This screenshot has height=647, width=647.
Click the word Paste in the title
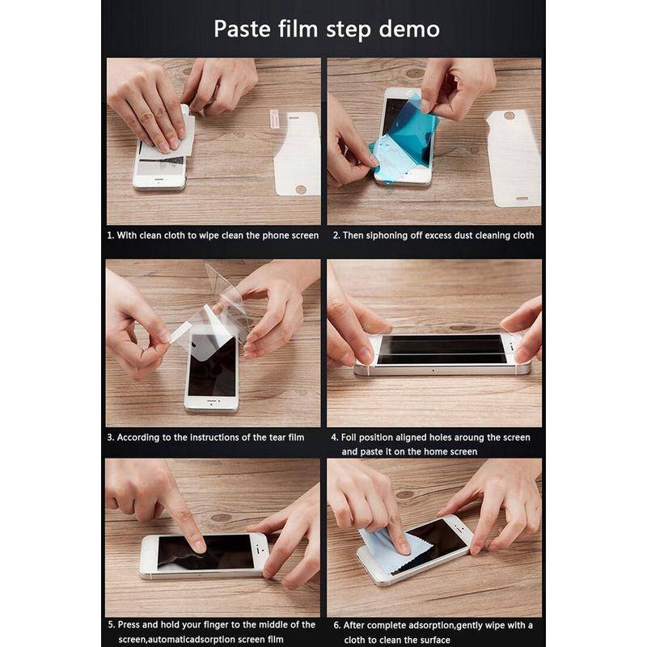242,29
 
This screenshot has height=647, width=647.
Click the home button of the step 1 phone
159,180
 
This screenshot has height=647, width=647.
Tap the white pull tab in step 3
179,332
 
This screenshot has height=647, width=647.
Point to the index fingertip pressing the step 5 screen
199,546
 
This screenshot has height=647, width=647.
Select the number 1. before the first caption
110,235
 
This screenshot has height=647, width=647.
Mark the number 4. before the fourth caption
335,438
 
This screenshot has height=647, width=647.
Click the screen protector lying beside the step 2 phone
514,158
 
